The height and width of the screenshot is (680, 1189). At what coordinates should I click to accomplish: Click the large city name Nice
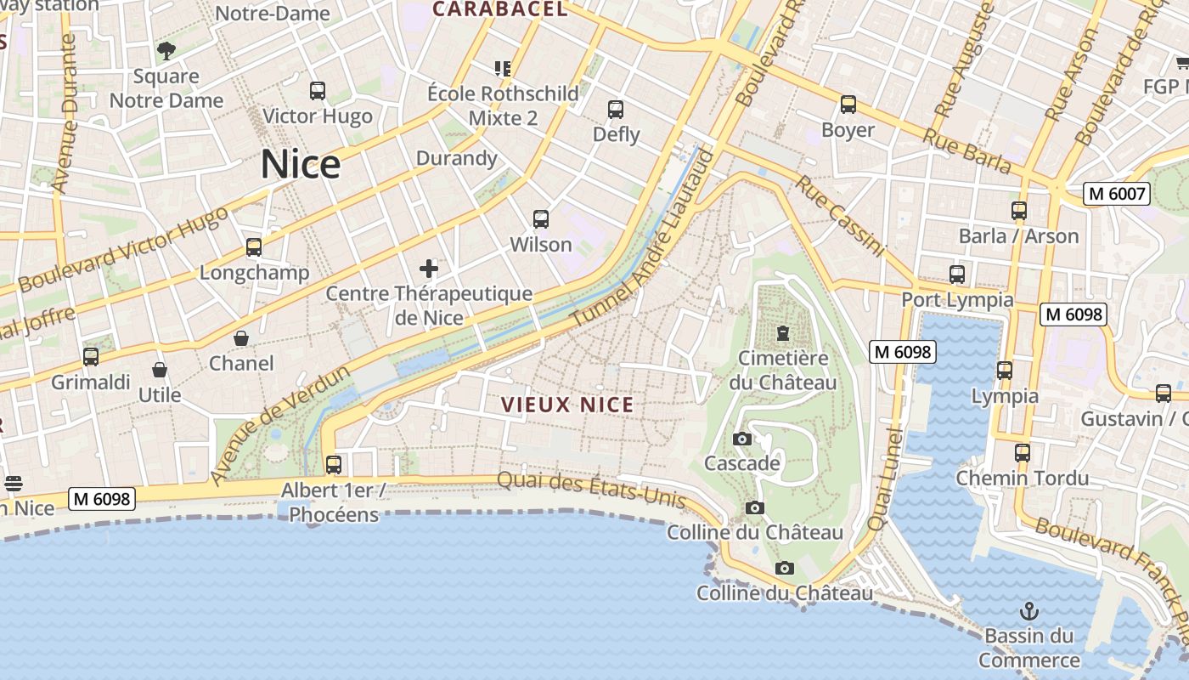(x=301, y=164)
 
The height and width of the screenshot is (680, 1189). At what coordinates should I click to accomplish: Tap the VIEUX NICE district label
(x=567, y=405)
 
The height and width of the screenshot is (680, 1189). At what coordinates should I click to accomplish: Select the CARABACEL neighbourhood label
(x=499, y=9)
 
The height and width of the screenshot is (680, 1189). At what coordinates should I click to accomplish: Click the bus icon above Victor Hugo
(x=318, y=91)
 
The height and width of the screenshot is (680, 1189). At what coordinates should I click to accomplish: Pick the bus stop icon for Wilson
(x=541, y=219)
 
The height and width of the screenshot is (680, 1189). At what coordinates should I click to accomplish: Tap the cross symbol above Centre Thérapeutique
(x=429, y=269)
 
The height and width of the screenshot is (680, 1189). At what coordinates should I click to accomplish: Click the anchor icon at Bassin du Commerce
(x=1028, y=611)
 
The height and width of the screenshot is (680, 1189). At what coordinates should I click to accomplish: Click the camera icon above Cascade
(x=741, y=439)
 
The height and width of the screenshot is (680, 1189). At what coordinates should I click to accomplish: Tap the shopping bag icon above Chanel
(x=241, y=338)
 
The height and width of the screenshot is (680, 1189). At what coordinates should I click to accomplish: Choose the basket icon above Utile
(x=160, y=370)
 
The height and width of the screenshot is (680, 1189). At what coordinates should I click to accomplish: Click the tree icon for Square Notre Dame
(x=166, y=50)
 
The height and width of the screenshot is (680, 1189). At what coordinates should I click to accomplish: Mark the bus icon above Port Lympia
(x=957, y=275)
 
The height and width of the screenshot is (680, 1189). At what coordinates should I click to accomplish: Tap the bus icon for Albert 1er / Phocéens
(x=334, y=465)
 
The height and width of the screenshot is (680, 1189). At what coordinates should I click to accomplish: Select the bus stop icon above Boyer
(x=848, y=105)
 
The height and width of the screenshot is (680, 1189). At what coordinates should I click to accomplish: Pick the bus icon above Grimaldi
(x=91, y=357)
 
